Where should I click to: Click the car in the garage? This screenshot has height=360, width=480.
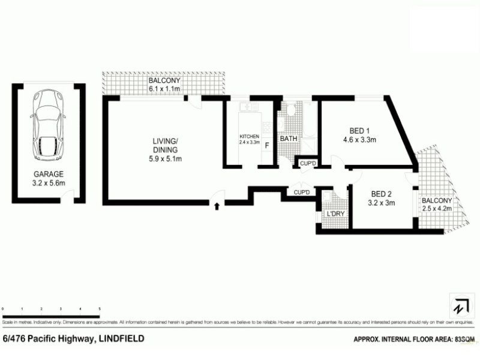click(47, 123)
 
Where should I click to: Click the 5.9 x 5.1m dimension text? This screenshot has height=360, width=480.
click(165, 158)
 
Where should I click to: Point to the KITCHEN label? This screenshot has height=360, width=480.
click(249, 137)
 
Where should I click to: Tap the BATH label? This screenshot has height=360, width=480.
click(289, 139)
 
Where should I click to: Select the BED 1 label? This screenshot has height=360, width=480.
click(359, 130)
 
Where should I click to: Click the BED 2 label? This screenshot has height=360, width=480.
click(382, 193)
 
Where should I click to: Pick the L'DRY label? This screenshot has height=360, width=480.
click(335, 213)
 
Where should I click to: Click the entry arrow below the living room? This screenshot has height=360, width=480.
click(217, 207)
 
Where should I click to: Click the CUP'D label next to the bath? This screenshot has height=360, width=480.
click(308, 163)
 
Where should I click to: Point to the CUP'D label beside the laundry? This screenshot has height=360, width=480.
click(302, 192)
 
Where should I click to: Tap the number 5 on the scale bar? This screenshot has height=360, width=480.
click(98, 308)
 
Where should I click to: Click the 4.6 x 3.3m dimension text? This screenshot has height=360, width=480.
click(359, 140)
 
